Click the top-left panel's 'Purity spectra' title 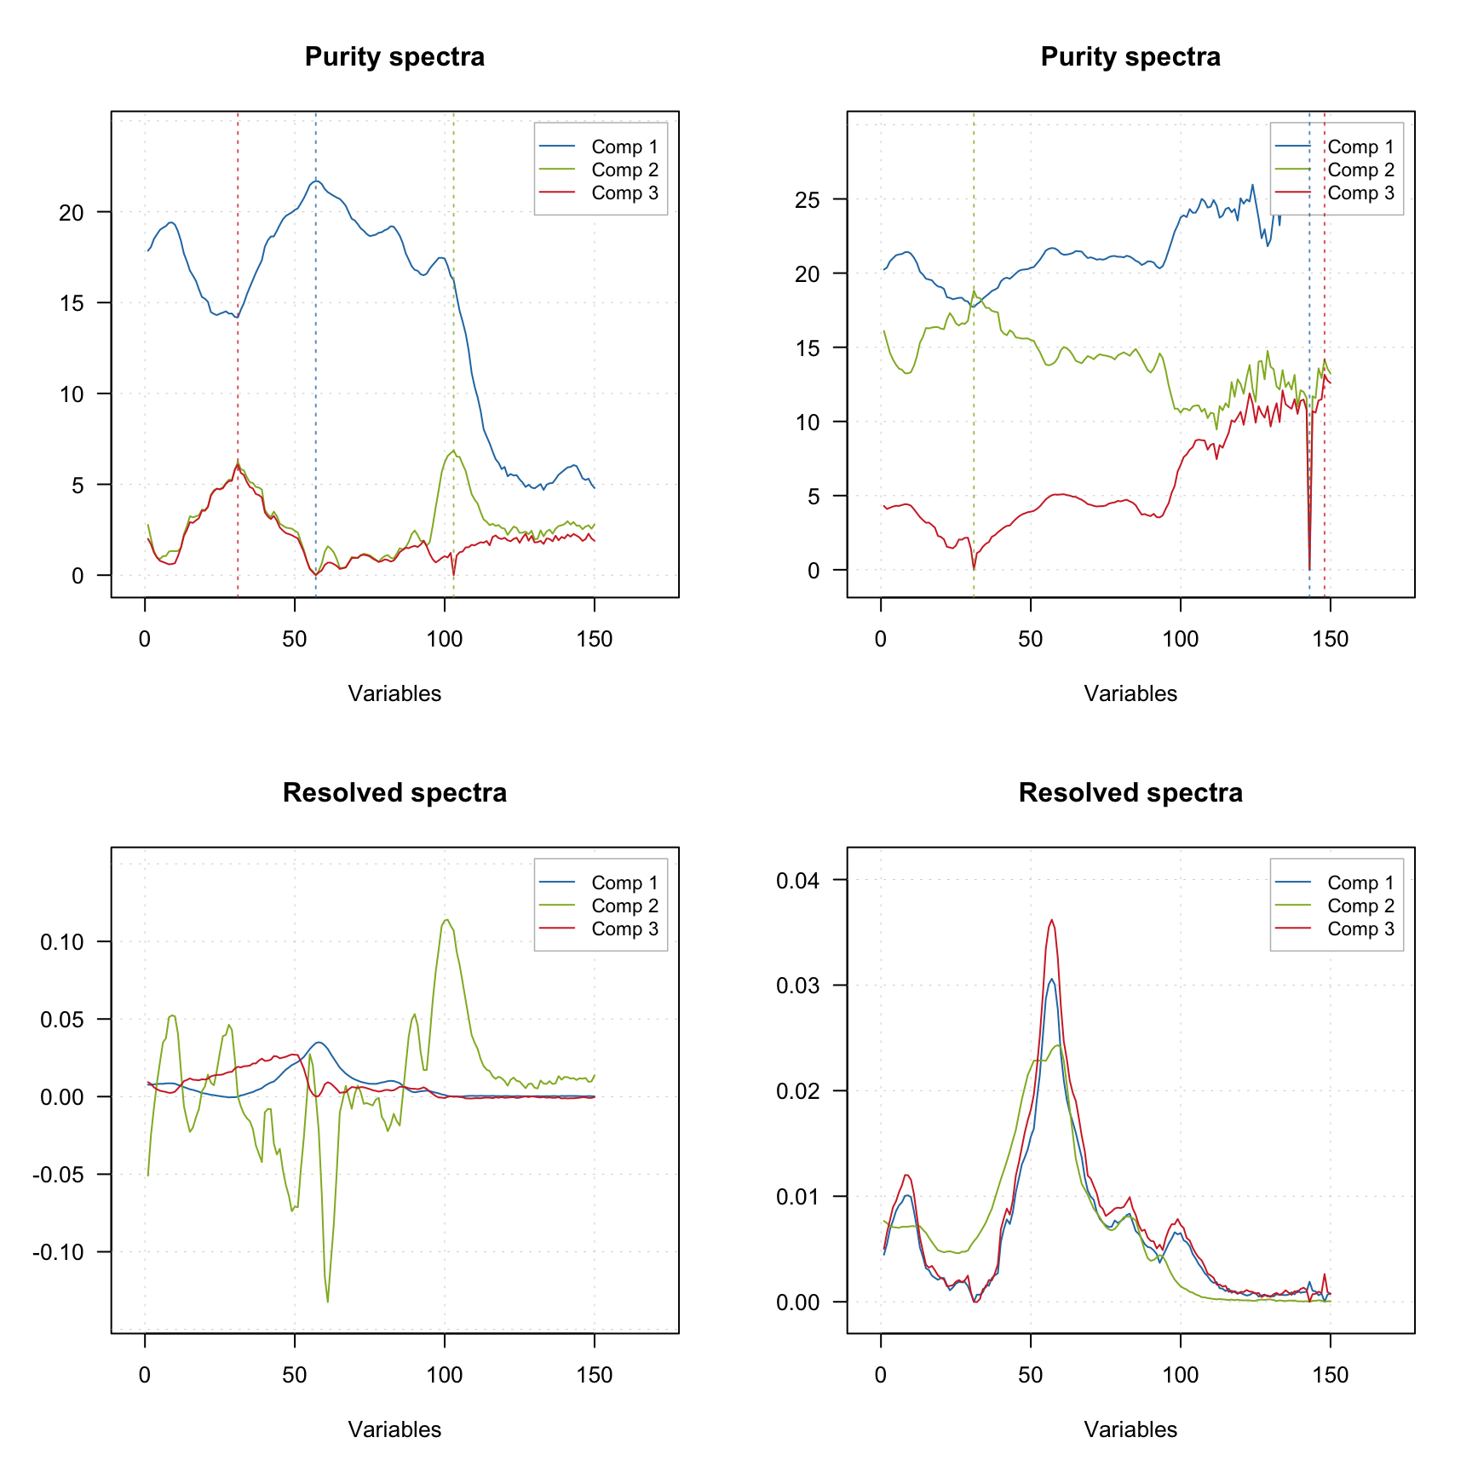tap(394, 57)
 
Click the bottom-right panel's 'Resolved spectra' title tap(1130, 793)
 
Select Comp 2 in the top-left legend tap(624, 170)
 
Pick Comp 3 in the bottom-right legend tap(1360, 929)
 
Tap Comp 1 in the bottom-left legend tap(624, 883)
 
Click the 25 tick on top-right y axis tap(808, 200)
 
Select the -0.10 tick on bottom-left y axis tap(58, 1252)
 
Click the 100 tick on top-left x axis tap(445, 639)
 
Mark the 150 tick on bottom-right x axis tap(1331, 1375)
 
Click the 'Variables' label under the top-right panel tap(1130, 694)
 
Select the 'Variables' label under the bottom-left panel tap(394, 1430)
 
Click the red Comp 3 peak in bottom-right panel tap(1052, 920)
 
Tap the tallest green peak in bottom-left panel tap(446, 920)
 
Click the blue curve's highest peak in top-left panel tap(316, 181)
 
